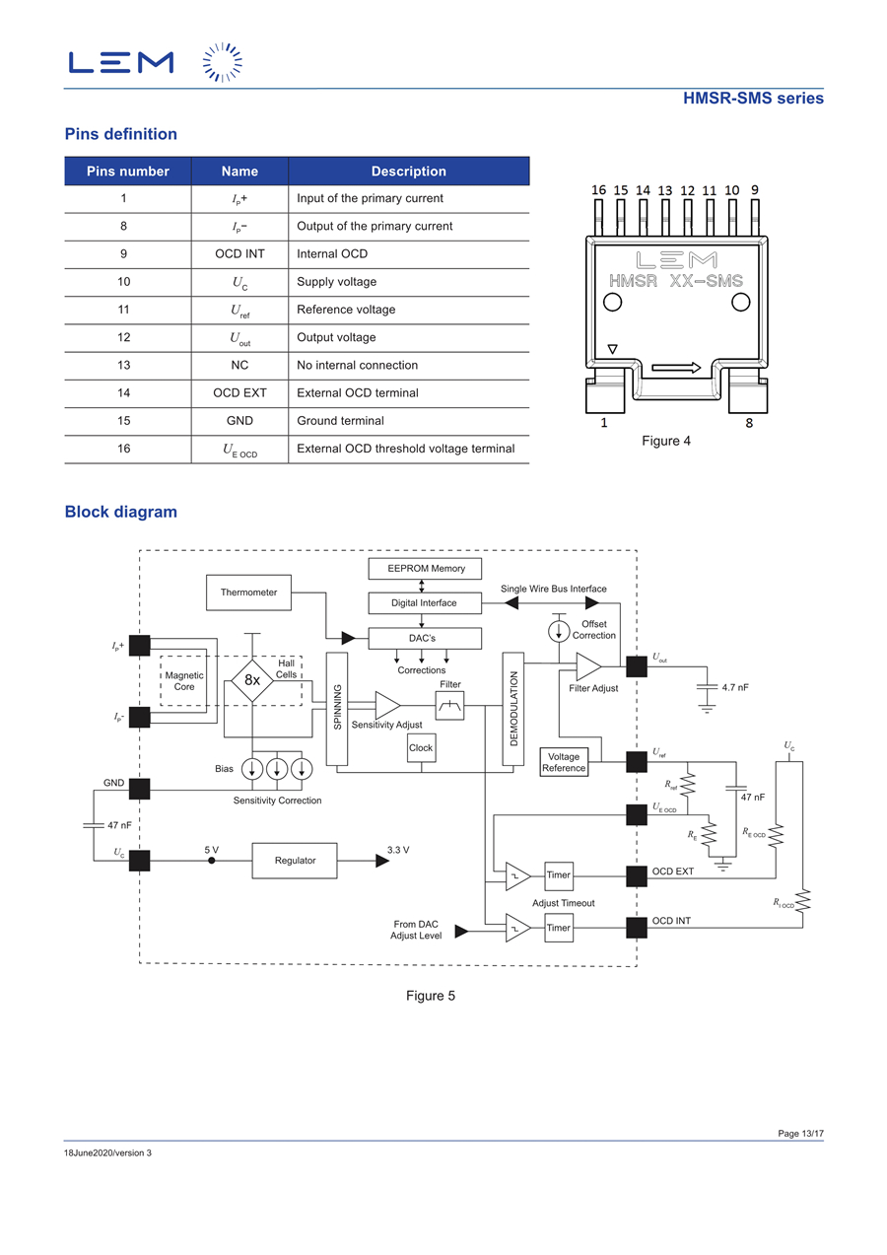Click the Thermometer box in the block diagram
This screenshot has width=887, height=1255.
(248, 593)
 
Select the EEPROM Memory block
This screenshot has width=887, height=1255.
(425, 568)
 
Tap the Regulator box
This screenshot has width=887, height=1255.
(295, 860)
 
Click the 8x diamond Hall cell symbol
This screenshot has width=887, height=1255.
(252, 680)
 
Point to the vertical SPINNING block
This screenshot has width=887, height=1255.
(336, 708)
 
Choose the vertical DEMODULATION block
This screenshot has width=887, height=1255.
(512, 708)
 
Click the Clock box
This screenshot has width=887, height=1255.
(421, 748)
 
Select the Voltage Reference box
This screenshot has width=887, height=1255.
(564, 762)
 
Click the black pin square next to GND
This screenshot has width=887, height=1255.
(139, 789)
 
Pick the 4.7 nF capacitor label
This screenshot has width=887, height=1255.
(734, 687)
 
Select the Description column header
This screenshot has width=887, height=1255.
(409, 171)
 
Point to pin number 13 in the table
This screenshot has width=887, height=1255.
(124, 365)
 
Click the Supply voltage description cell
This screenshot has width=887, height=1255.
(336, 281)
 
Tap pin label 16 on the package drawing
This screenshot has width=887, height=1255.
(598, 190)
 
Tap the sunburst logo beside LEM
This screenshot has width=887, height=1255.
(223, 62)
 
